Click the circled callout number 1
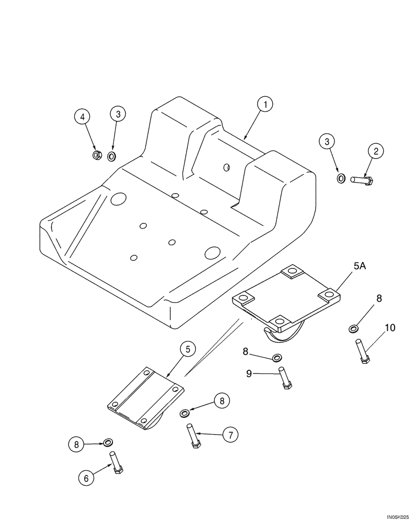tap(265, 105)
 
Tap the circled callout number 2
tap(375, 151)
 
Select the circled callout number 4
tap(82, 117)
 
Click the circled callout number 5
tap(188, 349)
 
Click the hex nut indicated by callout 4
tap(97, 155)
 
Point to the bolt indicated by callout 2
tap(361, 180)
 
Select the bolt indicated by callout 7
tap(193, 436)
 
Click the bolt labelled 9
tap(284, 377)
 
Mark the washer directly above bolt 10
tap(353, 328)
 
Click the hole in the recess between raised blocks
tap(226, 167)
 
